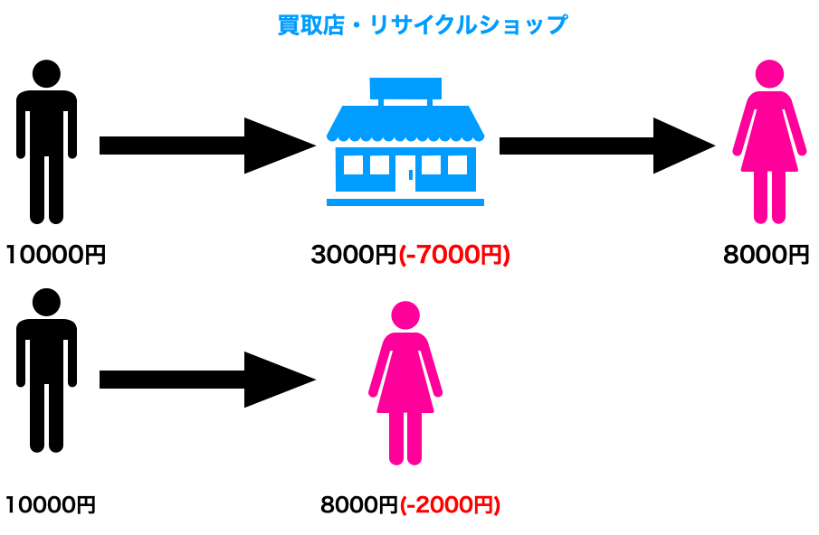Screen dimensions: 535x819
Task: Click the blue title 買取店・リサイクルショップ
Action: (x=422, y=24)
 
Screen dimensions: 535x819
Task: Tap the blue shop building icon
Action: (x=405, y=145)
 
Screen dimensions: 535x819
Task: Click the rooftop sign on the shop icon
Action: (x=405, y=88)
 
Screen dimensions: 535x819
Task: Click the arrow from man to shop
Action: (x=206, y=145)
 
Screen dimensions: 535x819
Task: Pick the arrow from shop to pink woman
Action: (x=606, y=145)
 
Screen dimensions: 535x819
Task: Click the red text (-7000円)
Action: (x=454, y=256)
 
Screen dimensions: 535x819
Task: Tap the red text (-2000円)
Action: (x=449, y=504)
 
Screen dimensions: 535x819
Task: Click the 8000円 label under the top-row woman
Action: (x=766, y=256)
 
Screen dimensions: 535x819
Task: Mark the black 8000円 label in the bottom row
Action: (x=358, y=504)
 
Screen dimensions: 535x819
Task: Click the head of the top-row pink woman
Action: (x=769, y=74)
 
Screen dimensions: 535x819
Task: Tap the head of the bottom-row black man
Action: (x=46, y=302)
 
